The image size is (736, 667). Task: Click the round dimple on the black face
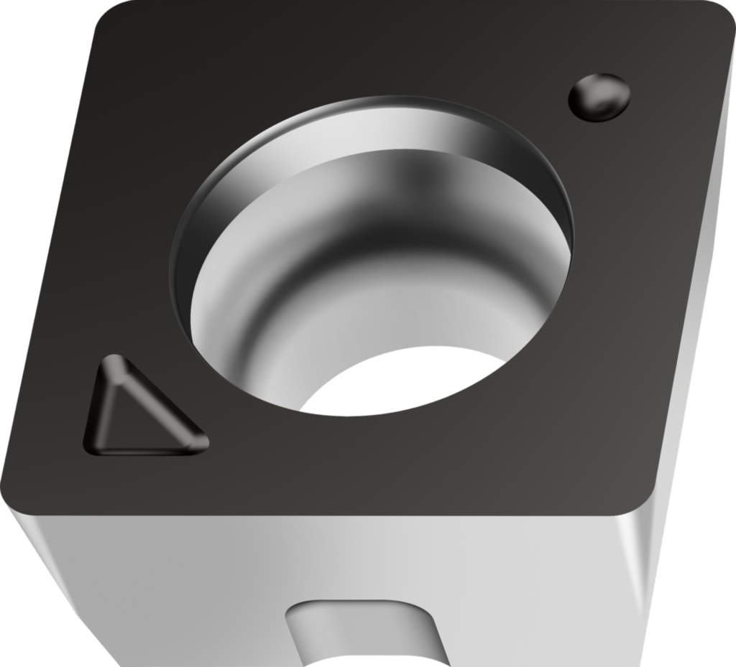[x=599, y=96]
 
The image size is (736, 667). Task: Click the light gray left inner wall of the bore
[x=230, y=302]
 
